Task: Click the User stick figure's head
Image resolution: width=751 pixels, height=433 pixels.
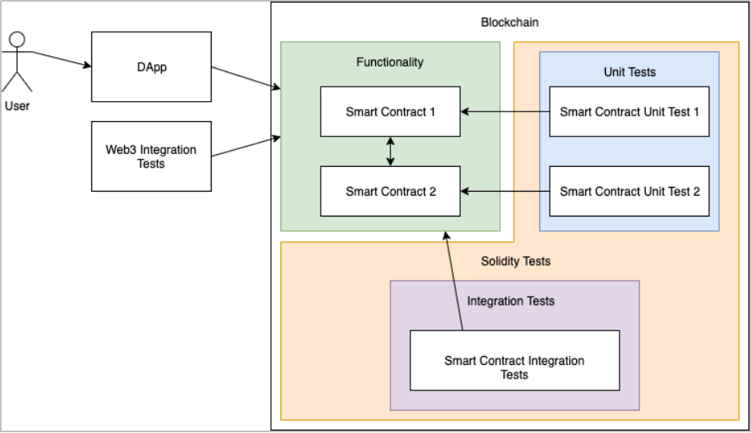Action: [x=17, y=39]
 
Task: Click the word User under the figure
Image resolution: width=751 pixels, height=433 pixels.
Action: [x=18, y=105]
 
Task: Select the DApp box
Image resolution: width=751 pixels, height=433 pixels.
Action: [x=151, y=67]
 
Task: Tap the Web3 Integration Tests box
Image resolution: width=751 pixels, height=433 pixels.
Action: [x=151, y=156]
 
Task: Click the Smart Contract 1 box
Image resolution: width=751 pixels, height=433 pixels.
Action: [x=390, y=111]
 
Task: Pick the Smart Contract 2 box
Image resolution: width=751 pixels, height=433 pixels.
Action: [x=390, y=191]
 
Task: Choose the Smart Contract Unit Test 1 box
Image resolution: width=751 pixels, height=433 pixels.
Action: [x=629, y=111]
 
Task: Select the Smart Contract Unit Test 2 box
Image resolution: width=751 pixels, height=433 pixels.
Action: [x=629, y=191]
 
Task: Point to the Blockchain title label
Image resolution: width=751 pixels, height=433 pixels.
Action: [x=510, y=22]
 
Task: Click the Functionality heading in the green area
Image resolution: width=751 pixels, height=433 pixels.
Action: [x=390, y=62]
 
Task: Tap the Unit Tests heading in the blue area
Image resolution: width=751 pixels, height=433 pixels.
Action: [x=629, y=72]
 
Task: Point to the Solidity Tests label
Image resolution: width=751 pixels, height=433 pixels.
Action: [x=515, y=261]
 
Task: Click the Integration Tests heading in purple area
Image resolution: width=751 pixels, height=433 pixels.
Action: [x=511, y=301]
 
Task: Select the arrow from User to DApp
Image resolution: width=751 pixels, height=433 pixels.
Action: [x=60, y=60]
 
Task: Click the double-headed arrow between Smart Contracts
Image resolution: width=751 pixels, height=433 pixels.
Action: [x=390, y=151]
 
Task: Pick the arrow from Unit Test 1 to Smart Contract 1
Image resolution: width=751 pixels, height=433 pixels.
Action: [x=505, y=111]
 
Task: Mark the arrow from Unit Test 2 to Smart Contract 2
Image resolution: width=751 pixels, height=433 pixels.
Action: [x=505, y=191]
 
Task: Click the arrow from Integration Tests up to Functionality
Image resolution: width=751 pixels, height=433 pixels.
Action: [x=454, y=281]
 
